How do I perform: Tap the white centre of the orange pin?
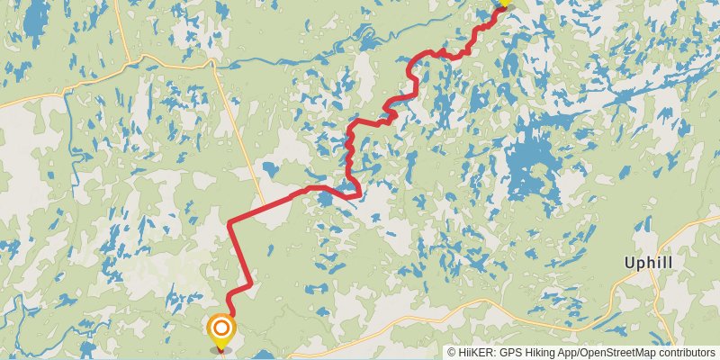pos(220,328)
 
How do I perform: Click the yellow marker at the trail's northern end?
pos(503,3)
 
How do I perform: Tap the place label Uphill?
pos(649,263)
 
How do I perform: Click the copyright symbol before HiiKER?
pos(452,353)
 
